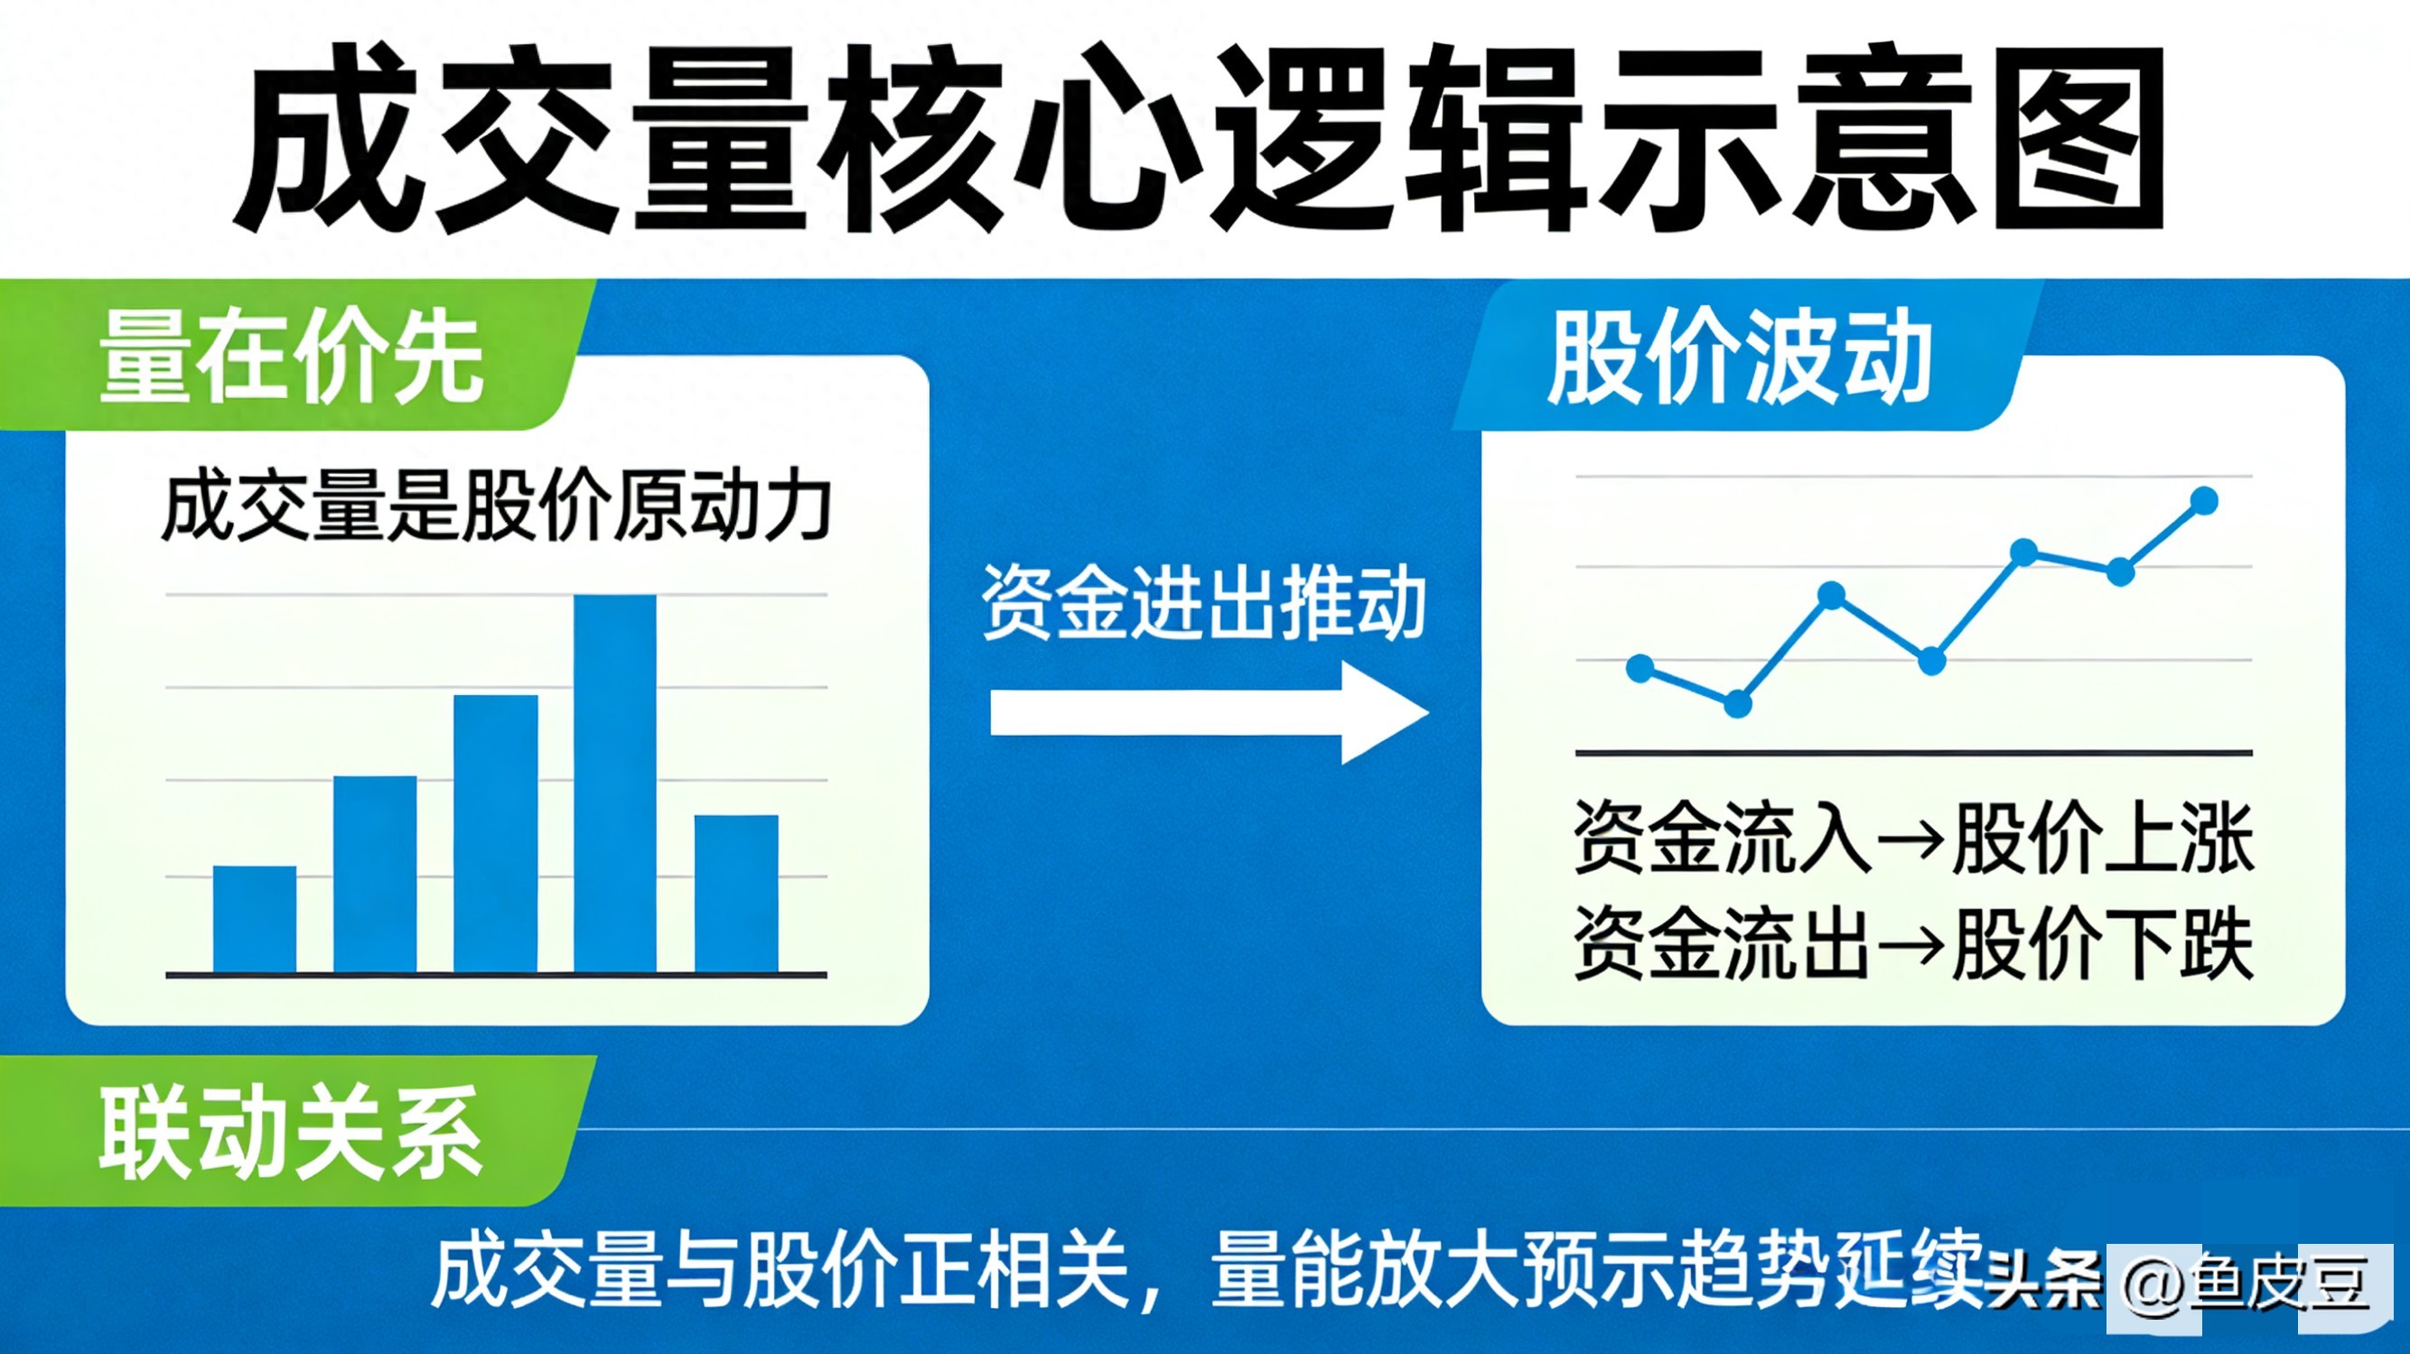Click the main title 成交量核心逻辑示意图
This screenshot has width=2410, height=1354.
click(x=1200, y=138)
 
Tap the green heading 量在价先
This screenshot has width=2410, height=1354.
click(x=291, y=358)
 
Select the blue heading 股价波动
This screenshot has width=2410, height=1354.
click(x=1740, y=358)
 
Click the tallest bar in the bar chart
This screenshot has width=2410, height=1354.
click(x=614, y=784)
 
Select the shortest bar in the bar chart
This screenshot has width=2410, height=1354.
click(x=255, y=920)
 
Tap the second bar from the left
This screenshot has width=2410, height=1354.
click(x=375, y=876)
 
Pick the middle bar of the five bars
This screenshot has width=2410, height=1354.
click(x=496, y=835)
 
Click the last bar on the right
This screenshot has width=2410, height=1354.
click(x=736, y=895)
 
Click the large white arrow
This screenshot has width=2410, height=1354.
click(x=1210, y=713)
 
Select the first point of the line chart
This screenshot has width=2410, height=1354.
click(x=1640, y=668)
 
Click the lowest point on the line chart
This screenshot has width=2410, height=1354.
click(x=1737, y=704)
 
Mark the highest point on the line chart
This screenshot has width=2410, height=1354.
click(x=2205, y=500)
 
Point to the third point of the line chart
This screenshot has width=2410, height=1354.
click(x=1831, y=595)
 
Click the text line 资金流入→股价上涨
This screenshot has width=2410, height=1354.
click(x=1914, y=838)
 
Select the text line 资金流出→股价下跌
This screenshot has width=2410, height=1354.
click(x=1914, y=943)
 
